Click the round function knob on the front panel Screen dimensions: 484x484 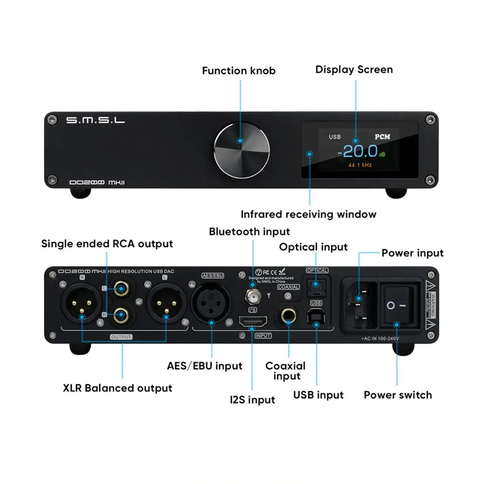click(241, 151)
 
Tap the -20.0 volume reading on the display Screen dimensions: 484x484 click(358, 151)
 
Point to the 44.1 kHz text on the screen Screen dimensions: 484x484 click(360, 165)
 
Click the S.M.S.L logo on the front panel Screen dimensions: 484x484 click(95, 120)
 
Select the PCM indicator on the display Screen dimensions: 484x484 click(382, 137)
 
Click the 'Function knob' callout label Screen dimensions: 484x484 click(239, 71)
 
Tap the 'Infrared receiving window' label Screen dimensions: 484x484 click(308, 214)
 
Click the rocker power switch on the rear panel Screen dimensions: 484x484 click(397, 306)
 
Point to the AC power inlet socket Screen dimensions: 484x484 click(361, 304)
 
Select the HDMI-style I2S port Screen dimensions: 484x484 click(252, 323)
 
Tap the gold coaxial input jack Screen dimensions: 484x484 click(288, 315)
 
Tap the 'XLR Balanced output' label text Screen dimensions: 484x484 click(118, 388)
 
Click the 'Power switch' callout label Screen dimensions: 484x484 click(398, 395)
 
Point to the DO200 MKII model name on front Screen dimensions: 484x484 click(97, 182)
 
